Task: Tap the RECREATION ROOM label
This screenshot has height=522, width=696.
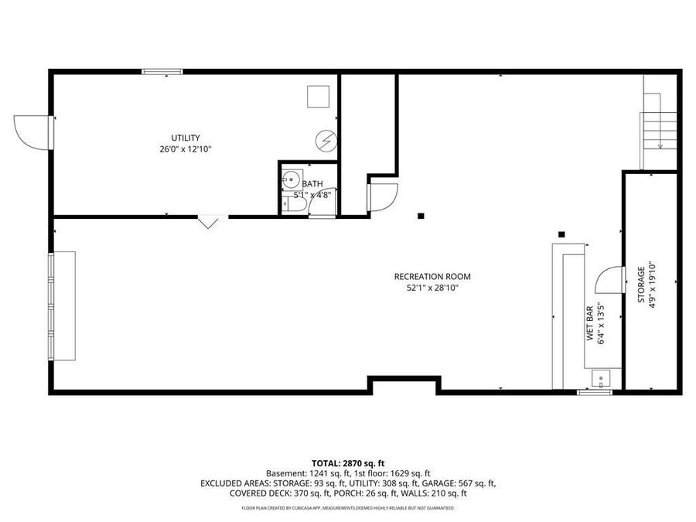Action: [432, 276]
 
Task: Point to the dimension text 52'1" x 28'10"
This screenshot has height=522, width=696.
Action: [432, 288]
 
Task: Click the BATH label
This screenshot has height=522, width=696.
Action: [313, 184]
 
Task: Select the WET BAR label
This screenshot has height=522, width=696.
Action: [589, 323]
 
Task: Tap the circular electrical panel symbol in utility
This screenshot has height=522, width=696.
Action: [326, 141]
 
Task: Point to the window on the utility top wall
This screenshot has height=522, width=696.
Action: [162, 72]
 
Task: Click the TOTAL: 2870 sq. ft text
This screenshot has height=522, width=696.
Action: [348, 461]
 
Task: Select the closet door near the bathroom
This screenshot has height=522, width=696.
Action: [381, 196]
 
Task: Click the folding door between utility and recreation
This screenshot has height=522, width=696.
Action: [209, 222]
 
